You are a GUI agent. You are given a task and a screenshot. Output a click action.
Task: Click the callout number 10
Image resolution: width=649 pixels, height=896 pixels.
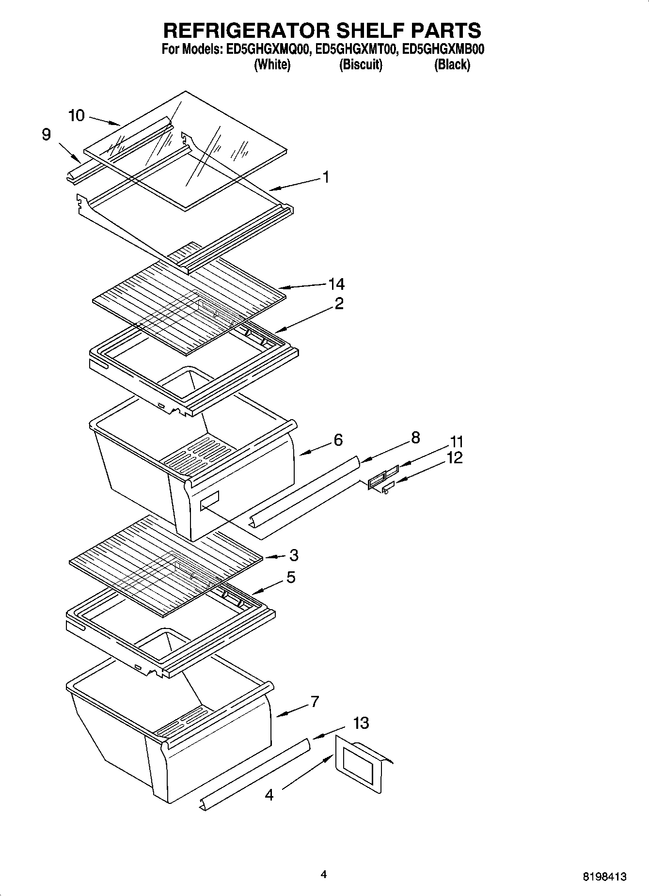[77, 115]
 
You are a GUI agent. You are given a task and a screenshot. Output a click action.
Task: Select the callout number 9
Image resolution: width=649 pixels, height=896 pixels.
[46, 134]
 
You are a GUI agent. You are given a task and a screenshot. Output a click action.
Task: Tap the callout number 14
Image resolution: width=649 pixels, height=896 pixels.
[336, 284]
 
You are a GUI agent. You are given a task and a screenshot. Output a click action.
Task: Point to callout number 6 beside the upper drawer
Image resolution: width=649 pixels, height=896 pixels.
[338, 440]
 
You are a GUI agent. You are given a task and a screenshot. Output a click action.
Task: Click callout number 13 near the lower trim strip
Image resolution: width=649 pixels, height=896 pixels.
[361, 723]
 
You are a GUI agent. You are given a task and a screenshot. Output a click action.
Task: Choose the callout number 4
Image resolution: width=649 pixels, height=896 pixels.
[269, 795]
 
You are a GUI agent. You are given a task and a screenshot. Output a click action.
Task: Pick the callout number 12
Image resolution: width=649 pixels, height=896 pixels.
[454, 457]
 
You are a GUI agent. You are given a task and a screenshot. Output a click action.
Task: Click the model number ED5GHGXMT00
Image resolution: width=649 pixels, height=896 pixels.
[356, 49]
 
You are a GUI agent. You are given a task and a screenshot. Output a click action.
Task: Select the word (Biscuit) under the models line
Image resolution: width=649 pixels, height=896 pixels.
[361, 64]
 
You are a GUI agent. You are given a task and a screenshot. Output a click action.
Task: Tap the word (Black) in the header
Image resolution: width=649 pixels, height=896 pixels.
[452, 64]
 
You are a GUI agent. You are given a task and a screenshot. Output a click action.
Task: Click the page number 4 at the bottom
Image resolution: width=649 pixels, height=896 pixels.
[324, 874]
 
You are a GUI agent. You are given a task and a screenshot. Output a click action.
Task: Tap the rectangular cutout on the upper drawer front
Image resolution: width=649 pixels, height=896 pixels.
[209, 500]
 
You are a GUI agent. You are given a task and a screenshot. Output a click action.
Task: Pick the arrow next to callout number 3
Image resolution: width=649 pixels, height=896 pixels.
[275, 557]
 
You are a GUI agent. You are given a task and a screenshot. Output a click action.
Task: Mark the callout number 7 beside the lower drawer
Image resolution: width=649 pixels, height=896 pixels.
[315, 701]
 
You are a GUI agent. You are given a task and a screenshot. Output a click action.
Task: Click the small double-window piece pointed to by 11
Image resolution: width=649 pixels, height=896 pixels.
[383, 476]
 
